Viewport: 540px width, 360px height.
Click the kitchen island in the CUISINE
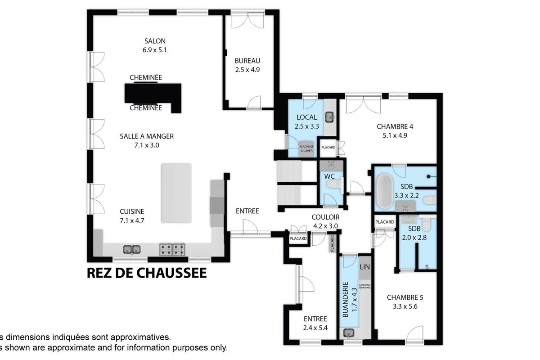pos(176,193)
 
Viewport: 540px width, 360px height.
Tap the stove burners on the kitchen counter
pos(172,248)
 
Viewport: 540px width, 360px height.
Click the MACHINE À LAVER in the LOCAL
pos(306,149)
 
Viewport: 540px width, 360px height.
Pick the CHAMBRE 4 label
pos(395,126)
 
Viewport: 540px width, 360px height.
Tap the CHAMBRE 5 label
pos(405,297)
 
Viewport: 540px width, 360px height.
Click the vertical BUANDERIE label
pos(346,300)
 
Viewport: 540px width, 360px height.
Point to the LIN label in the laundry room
pos(364,267)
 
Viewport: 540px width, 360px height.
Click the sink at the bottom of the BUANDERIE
pos(349,333)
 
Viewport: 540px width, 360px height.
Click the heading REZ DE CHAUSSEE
pos(147,273)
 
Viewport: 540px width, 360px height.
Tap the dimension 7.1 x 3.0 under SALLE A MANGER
pos(147,145)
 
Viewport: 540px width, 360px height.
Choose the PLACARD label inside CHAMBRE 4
pos(327,147)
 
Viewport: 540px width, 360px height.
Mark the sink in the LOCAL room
pos(330,117)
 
